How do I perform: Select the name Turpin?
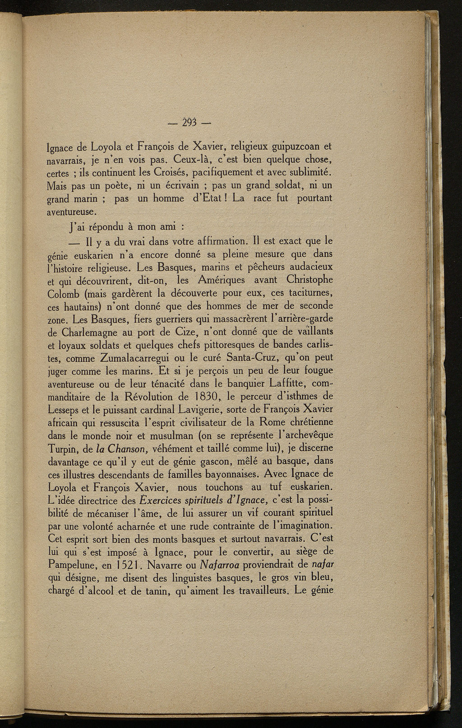click(63, 450)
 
